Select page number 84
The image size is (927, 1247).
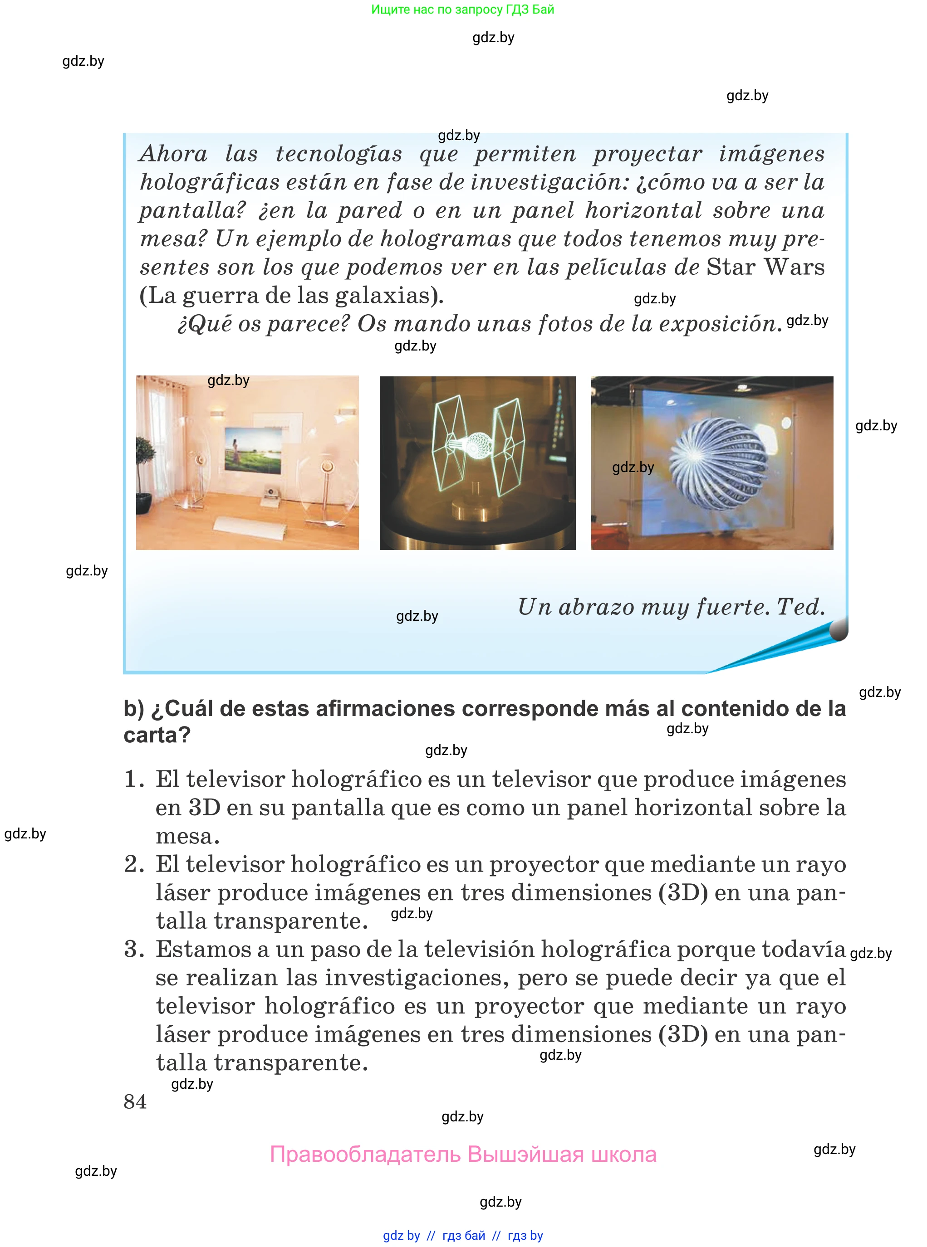135,1102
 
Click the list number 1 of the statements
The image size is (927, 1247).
133,779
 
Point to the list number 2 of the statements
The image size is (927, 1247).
133,864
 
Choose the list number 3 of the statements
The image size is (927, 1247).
133,949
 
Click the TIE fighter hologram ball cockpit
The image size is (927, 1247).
477,446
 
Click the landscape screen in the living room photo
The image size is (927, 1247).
253,448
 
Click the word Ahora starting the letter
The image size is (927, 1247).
173,154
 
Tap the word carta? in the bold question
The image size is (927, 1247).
157,735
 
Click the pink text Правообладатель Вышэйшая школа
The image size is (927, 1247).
463,1154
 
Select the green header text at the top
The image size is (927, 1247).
462,10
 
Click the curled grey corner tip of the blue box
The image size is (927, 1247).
839,630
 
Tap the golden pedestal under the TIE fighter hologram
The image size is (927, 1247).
477,511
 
